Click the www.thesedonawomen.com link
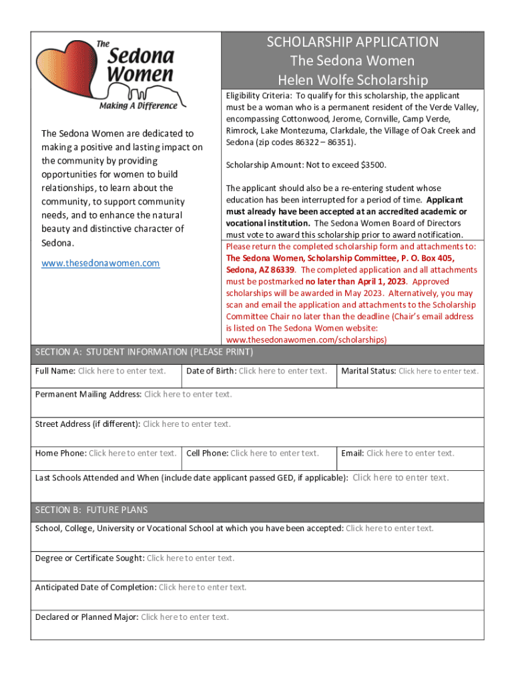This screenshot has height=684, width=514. click(x=101, y=263)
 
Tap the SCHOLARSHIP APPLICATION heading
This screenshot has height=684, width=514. click(x=352, y=42)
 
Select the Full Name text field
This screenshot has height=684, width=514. click(x=121, y=371)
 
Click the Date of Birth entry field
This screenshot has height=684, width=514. click(x=282, y=371)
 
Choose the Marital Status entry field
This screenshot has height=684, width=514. click(x=438, y=371)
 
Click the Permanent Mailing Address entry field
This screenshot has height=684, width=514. click(x=188, y=394)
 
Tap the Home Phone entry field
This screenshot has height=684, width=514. click(x=133, y=454)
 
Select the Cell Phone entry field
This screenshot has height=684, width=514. click(x=274, y=454)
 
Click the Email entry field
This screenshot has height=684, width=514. click(x=410, y=454)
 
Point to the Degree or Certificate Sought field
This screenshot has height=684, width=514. click(x=190, y=558)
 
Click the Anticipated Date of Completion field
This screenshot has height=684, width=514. click(x=202, y=588)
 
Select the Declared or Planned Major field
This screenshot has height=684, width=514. click(x=185, y=617)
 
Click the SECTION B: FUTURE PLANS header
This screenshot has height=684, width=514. click(x=91, y=510)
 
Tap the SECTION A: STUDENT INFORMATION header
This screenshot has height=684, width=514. click(x=144, y=352)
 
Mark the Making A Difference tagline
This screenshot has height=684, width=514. click(x=138, y=105)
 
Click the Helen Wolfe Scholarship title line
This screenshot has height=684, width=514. click(x=352, y=81)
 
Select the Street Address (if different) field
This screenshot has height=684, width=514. click(x=187, y=424)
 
